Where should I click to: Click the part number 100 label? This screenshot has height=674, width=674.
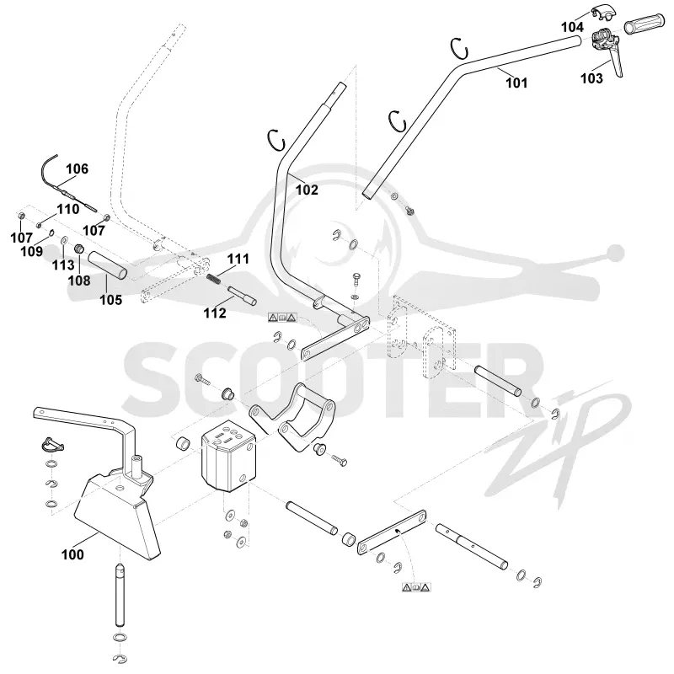pyautogui.click(x=72, y=554)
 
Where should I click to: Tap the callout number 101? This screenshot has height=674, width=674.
pyautogui.click(x=516, y=83)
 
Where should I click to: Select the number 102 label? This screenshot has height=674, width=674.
pyautogui.click(x=307, y=190)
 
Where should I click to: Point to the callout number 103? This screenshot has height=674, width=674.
pyautogui.click(x=591, y=78)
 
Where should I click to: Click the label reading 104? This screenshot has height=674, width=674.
pyautogui.click(x=573, y=27)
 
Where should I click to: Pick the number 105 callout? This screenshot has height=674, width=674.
pyautogui.click(x=111, y=300)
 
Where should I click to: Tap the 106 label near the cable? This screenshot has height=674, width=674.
pyautogui.click(x=77, y=169)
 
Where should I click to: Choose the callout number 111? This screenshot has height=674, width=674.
pyautogui.click(x=238, y=259)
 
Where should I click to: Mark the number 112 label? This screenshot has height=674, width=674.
pyautogui.click(x=215, y=313)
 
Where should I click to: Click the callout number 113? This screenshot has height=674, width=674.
pyautogui.click(x=63, y=265)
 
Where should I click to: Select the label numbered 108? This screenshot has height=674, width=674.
pyautogui.click(x=79, y=281)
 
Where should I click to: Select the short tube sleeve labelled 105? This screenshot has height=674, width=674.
pyautogui.click(x=108, y=266)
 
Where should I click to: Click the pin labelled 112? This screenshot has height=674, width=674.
pyautogui.click(x=242, y=296)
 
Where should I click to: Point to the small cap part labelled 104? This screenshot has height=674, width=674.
pyautogui.click(x=604, y=13)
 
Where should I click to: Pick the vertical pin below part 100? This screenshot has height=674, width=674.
pyautogui.click(x=120, y=596)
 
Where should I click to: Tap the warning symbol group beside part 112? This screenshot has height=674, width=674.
pyautogui.click(x=282, y=318)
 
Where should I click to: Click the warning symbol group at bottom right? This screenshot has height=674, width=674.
pyautogui.click(x=416, y=587)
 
